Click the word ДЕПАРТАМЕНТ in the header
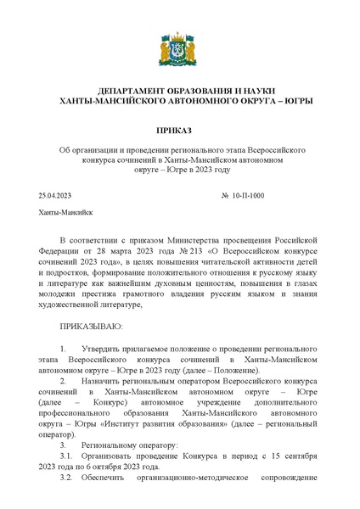coord(138,92)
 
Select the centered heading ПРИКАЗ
coord(180,129)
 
